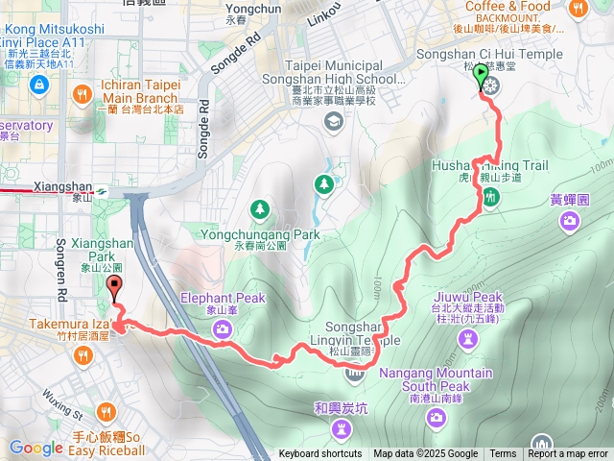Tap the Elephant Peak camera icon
tap(223, 329)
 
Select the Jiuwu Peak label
tap(467, 297)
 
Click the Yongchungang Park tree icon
tap(259, 208)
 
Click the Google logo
tap(35, 448)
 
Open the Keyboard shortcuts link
tap(320, 454)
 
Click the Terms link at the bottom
tap(503, 454)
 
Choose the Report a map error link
tap(569, 454)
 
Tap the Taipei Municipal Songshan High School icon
tap(333, 120)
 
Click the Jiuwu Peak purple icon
tap(466, 338)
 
